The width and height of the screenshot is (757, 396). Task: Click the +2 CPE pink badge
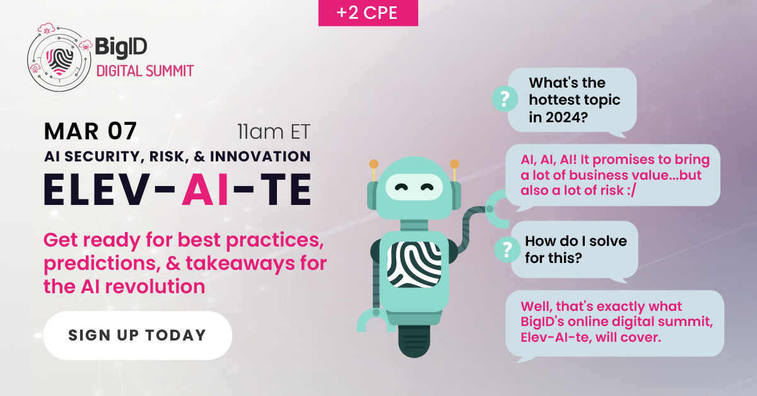pos(368,13)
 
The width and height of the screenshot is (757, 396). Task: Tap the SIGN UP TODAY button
pos(138,335)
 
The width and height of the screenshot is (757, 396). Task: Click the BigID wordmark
pos(121,47)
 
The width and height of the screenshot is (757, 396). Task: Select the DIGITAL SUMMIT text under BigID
pos(145,71)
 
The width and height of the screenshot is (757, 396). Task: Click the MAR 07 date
pos(90,131)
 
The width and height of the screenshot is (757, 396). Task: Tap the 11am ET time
pos(273,131)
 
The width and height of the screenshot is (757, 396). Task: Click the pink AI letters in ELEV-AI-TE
pos(206,189)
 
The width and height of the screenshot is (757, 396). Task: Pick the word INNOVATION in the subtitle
pos(260,156)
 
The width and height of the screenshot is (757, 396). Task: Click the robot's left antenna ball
pos(373,164)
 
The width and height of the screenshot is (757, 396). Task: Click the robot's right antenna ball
pos(455,164)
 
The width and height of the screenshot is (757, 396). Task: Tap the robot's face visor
pos(414,187)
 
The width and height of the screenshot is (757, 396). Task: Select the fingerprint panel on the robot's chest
pos(414,264)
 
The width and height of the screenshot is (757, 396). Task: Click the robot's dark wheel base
pos(414,341)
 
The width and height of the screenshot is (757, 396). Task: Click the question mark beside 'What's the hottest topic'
pos(505,99)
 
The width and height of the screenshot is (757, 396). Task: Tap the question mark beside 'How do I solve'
pos(507,250)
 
